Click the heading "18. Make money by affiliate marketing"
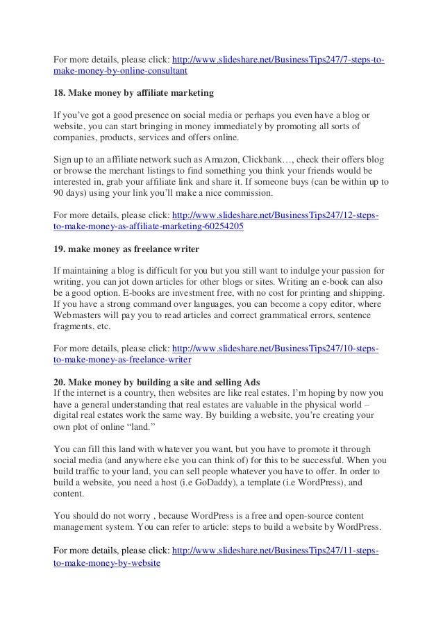[133, 92]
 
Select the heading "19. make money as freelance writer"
[128, 248]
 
